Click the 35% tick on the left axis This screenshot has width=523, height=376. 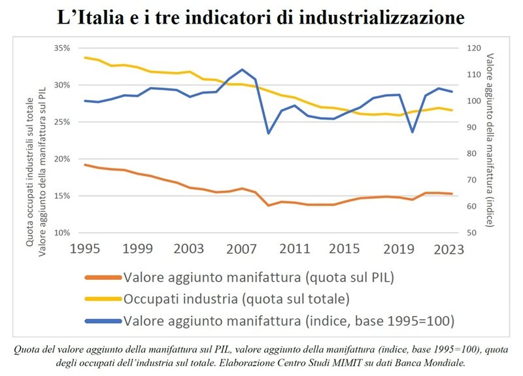(x=61, y=48)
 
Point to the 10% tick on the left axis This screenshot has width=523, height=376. (x=61, y=233)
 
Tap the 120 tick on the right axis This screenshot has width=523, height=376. (x=473, y=48)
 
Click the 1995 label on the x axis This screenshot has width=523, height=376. (x=86, y=248)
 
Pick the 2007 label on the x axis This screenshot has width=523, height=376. (x=243, y=248)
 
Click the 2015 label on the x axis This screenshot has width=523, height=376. (x=346, y=248)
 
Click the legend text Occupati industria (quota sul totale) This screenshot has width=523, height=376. (x=236, y=299)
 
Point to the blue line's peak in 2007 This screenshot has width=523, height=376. (x=243, y=69)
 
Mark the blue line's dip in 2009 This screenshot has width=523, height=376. (x=268, y=133)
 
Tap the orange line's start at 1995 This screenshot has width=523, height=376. (x=86, y=165)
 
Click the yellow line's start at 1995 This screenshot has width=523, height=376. (x=86, y=58)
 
